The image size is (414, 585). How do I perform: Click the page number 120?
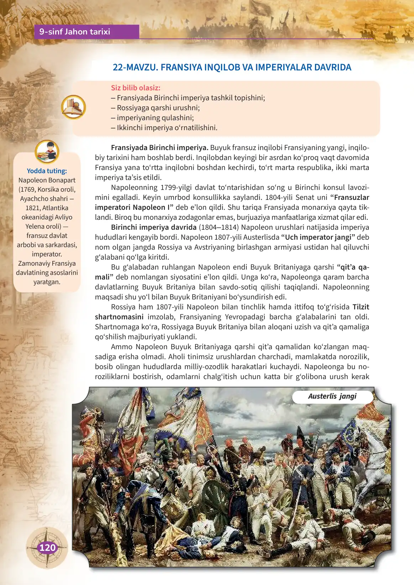[47, 548]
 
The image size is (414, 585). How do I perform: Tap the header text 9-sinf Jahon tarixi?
[75, 32]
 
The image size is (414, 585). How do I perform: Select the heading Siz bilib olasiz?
[136, 88]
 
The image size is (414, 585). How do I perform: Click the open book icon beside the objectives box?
[73, 107]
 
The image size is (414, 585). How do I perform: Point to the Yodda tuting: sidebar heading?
[47, 171]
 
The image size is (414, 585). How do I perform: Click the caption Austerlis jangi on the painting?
[332, 397]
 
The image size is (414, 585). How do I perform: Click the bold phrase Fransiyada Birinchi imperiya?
[159, 148]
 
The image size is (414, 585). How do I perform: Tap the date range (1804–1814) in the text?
[219, 227]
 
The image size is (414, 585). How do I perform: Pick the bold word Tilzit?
[361, 307]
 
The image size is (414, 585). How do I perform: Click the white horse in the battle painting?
[377, 462]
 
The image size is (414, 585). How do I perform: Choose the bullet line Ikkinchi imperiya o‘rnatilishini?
[164, 128]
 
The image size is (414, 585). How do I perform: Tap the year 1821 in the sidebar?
[32, 208]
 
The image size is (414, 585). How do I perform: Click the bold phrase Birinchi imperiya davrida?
[153, 227]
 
